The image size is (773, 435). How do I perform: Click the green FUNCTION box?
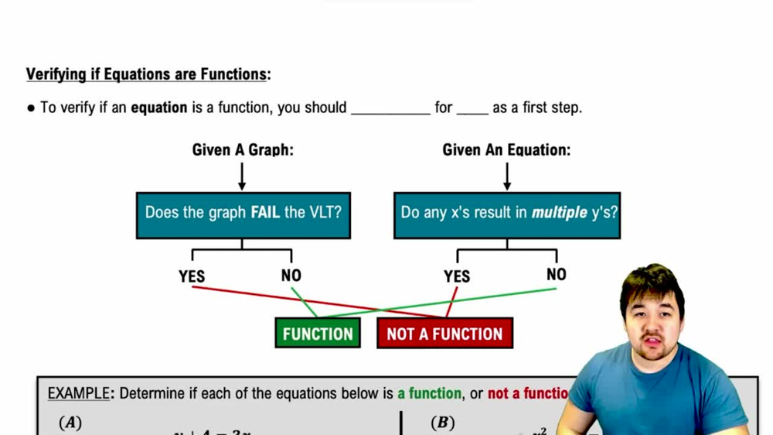pyautogui.click(x=318, y=334)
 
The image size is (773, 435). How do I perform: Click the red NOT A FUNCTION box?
pyautogui.click(x=444, y=334)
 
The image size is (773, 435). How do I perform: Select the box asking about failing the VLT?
pyautogui.click(x=243, y=215)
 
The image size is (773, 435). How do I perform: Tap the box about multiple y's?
pyautogui.click(x=507, y=215)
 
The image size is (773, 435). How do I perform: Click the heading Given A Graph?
pyautogui.click(x=243, y=150)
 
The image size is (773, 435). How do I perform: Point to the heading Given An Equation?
pyautogui.click(x=506, y=150)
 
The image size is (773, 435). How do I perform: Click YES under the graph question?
pyautogui.click(x=192, y=276)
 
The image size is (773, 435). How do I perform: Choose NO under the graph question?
pyautogui.click(x=291, y=276)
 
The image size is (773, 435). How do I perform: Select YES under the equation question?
pyautogui.click(x=457, y=276)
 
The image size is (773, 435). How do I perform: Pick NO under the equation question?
pyautogui.click(x=557, y=275)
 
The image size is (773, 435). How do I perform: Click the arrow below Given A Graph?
pyautogui.click(x=242, y=176)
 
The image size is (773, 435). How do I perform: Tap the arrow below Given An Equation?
pyautogui.click(x=507, y=176)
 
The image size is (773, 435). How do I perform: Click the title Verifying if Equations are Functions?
pyautogui.click(x=148, y=74)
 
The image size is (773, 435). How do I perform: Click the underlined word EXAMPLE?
pyautogui.click(x=78, y=393)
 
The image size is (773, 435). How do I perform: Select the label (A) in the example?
pyautogui.click(x=70, y=423)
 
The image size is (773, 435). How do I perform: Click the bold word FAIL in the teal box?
pyautogui.click(x=266, y=212)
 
